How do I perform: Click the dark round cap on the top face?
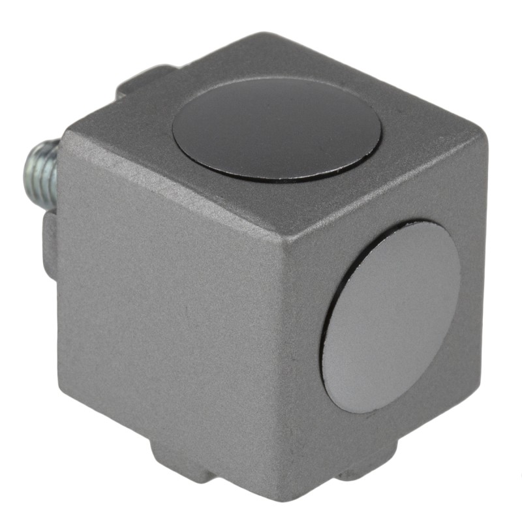pos(277,129)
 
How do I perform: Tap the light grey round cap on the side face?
pos(391,316)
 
